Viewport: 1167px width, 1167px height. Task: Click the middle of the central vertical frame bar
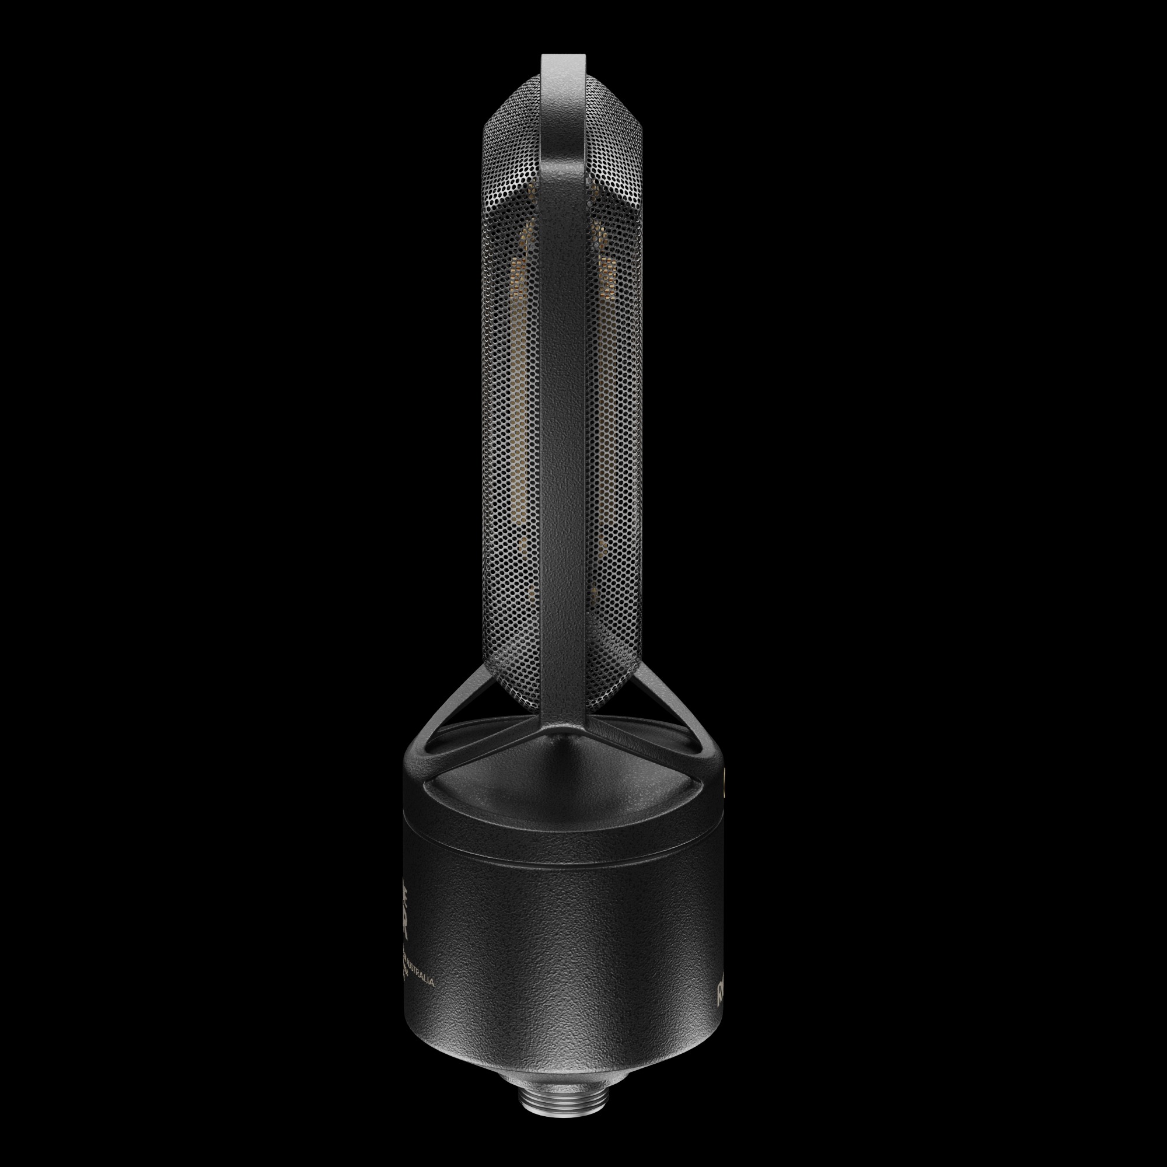click(x=563, y=393)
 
